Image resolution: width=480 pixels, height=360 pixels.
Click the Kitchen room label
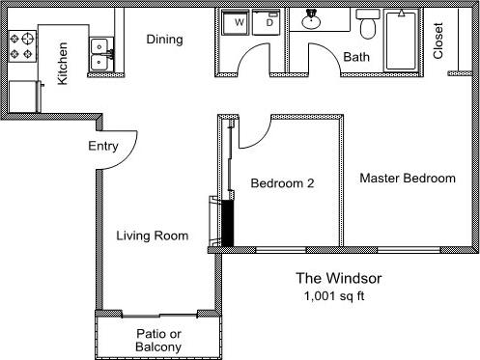pos(62,64)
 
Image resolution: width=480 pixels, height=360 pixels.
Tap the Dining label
pos(164,40)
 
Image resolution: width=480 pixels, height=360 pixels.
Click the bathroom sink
pos(311,20)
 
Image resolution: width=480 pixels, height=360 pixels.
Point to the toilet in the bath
pos(368,23)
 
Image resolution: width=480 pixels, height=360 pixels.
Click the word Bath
pos(356,58)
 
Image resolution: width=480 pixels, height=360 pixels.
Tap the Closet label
pos(438,42)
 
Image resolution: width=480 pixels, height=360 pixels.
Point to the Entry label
pos(129,147)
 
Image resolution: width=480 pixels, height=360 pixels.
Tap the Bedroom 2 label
pos(281,182)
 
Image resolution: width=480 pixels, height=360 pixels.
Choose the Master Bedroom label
pos(407,179)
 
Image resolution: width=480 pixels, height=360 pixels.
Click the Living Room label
pos(152,235)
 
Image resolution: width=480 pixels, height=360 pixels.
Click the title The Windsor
pos(340,279)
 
